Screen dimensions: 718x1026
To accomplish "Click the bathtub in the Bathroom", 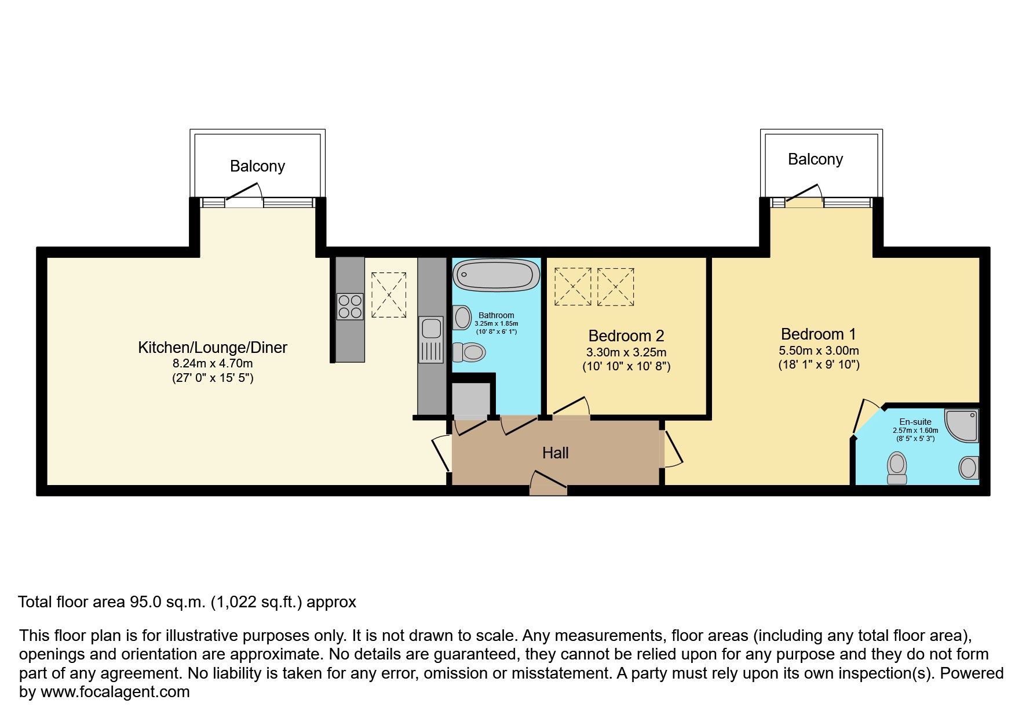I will (x=495, y=275).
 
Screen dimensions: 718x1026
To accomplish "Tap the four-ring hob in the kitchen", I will (x=350, y=307).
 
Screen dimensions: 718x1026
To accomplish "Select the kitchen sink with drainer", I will (x=430, y=340).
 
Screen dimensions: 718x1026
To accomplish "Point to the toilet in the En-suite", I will (x=897, y=468).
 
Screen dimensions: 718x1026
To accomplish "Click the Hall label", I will (x=555, y=453).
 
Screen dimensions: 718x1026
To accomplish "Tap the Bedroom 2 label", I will (x=626, y=336).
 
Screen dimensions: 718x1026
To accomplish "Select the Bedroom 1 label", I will (x=818, y=334).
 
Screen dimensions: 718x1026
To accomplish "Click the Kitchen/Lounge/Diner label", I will (x=213, y=347).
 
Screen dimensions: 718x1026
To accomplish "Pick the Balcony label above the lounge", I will (x=257, y=166).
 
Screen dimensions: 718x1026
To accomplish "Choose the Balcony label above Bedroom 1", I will (x=815, y=159).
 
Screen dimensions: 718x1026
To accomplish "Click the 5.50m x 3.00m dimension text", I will (x=818, y=351).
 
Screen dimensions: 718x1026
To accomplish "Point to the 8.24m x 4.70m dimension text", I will (x=213, y=364).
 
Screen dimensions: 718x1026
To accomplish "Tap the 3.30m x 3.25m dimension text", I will (x=626, y=352).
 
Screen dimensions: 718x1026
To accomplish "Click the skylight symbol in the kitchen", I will (x=389, y=295).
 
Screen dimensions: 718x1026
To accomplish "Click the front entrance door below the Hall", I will (x=548, y=484).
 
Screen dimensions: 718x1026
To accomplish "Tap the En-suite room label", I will (x=915, y=422).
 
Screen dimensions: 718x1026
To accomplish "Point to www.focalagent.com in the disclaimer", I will (x=115, y=692).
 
